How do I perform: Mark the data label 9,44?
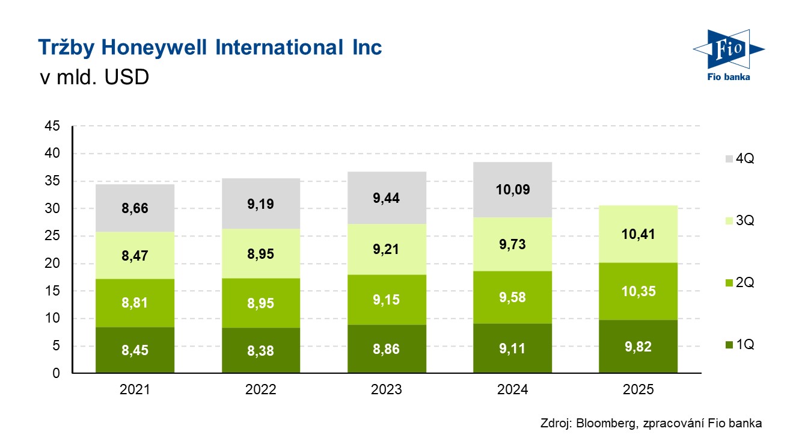click(387, 198)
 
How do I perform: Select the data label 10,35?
click(638, 292)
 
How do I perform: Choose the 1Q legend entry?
click(738, 345)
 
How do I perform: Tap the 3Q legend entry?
click(738, 221)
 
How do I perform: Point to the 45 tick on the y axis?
click(52, 126)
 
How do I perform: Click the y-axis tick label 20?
click(52, 264)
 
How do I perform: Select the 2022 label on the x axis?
click(260, 390)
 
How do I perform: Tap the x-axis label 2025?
click(638, 390)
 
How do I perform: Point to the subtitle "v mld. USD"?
click(93, 78)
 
